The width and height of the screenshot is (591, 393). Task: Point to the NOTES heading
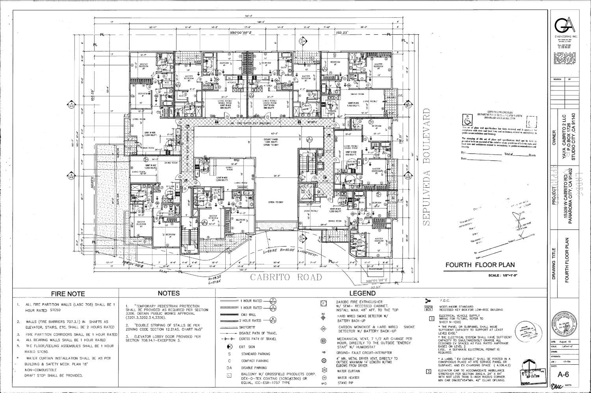click(x=169, y=293)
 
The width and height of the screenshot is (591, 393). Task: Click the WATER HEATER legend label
click(x=347, y=377)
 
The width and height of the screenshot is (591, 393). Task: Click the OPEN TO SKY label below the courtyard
click(x=277, y=202)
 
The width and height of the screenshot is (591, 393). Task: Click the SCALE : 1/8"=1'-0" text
click(x=502, y=275)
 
